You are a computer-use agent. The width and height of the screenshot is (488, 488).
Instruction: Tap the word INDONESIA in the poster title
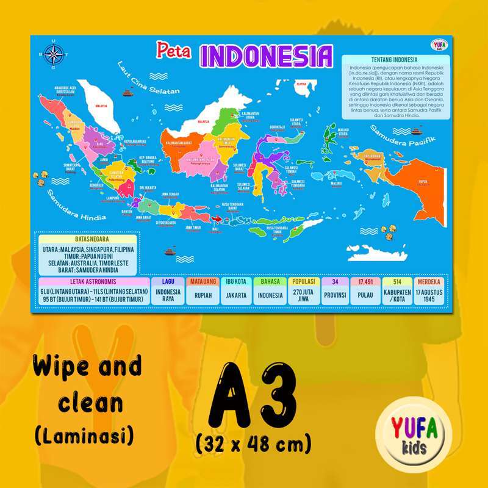coord(267,56)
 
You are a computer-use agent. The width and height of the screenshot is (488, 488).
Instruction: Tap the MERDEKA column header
coord(431,282)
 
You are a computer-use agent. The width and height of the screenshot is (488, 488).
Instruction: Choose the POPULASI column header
coord(302,282)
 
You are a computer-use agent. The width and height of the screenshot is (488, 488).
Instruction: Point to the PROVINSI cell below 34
coord(334,295)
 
